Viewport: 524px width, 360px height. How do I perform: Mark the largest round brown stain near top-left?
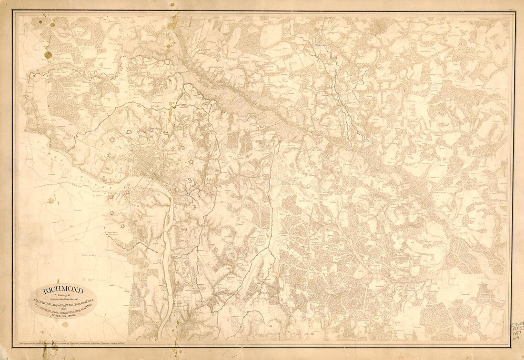point(48,55)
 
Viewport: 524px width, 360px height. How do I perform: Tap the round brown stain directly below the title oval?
point(65,325)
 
